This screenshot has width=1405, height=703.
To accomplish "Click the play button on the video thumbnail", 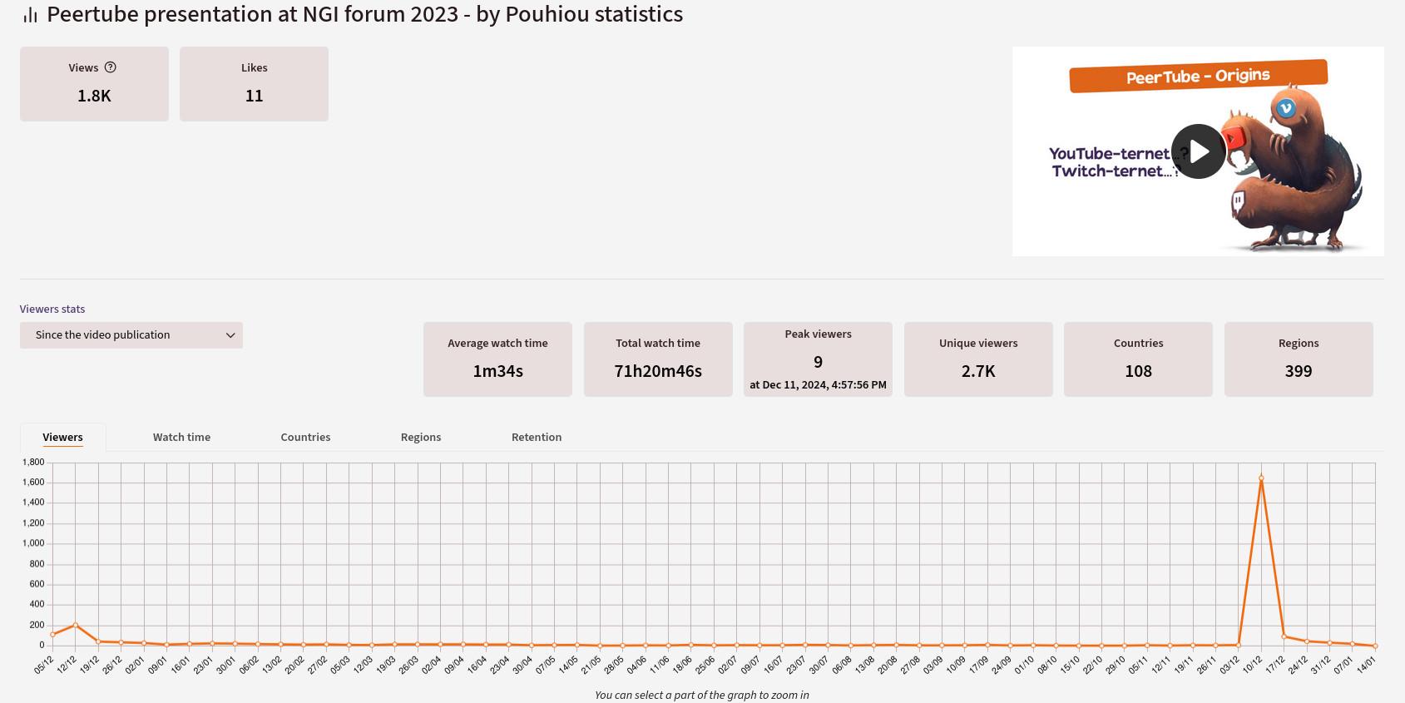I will coord(1198,151).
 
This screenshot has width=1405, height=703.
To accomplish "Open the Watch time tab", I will coord(181,437).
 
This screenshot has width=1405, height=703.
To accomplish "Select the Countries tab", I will coord(305,437).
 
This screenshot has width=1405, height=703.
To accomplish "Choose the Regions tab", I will coord(421,437).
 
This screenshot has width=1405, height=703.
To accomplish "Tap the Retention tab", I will coord(537,437).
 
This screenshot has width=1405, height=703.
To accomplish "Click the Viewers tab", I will coord(62,437).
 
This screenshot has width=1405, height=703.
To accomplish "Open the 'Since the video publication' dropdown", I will coord(131,335).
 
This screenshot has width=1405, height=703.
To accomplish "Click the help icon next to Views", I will coord(110,67).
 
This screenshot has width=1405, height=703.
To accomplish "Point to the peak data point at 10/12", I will coord(1261,478).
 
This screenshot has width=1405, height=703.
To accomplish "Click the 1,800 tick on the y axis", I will coord(33,462).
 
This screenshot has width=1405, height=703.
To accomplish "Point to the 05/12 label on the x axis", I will coord(43,665).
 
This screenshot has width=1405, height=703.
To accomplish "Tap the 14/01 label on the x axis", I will coord(1366,666).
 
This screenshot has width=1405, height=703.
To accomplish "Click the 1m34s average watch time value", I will coord(497,371).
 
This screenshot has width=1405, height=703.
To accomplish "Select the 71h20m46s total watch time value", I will coord(658,371).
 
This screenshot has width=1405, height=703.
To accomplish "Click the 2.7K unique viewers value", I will coord(978,371).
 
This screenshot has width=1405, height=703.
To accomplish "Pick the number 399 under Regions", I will coord(1299,371).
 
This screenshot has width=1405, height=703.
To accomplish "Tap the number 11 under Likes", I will coord(254,96).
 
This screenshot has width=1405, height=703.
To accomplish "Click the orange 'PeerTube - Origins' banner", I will coord(1198,77).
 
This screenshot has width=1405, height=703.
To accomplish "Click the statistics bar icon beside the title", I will coord(30,15).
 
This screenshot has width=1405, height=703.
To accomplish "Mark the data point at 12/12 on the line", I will coord(76,625).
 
